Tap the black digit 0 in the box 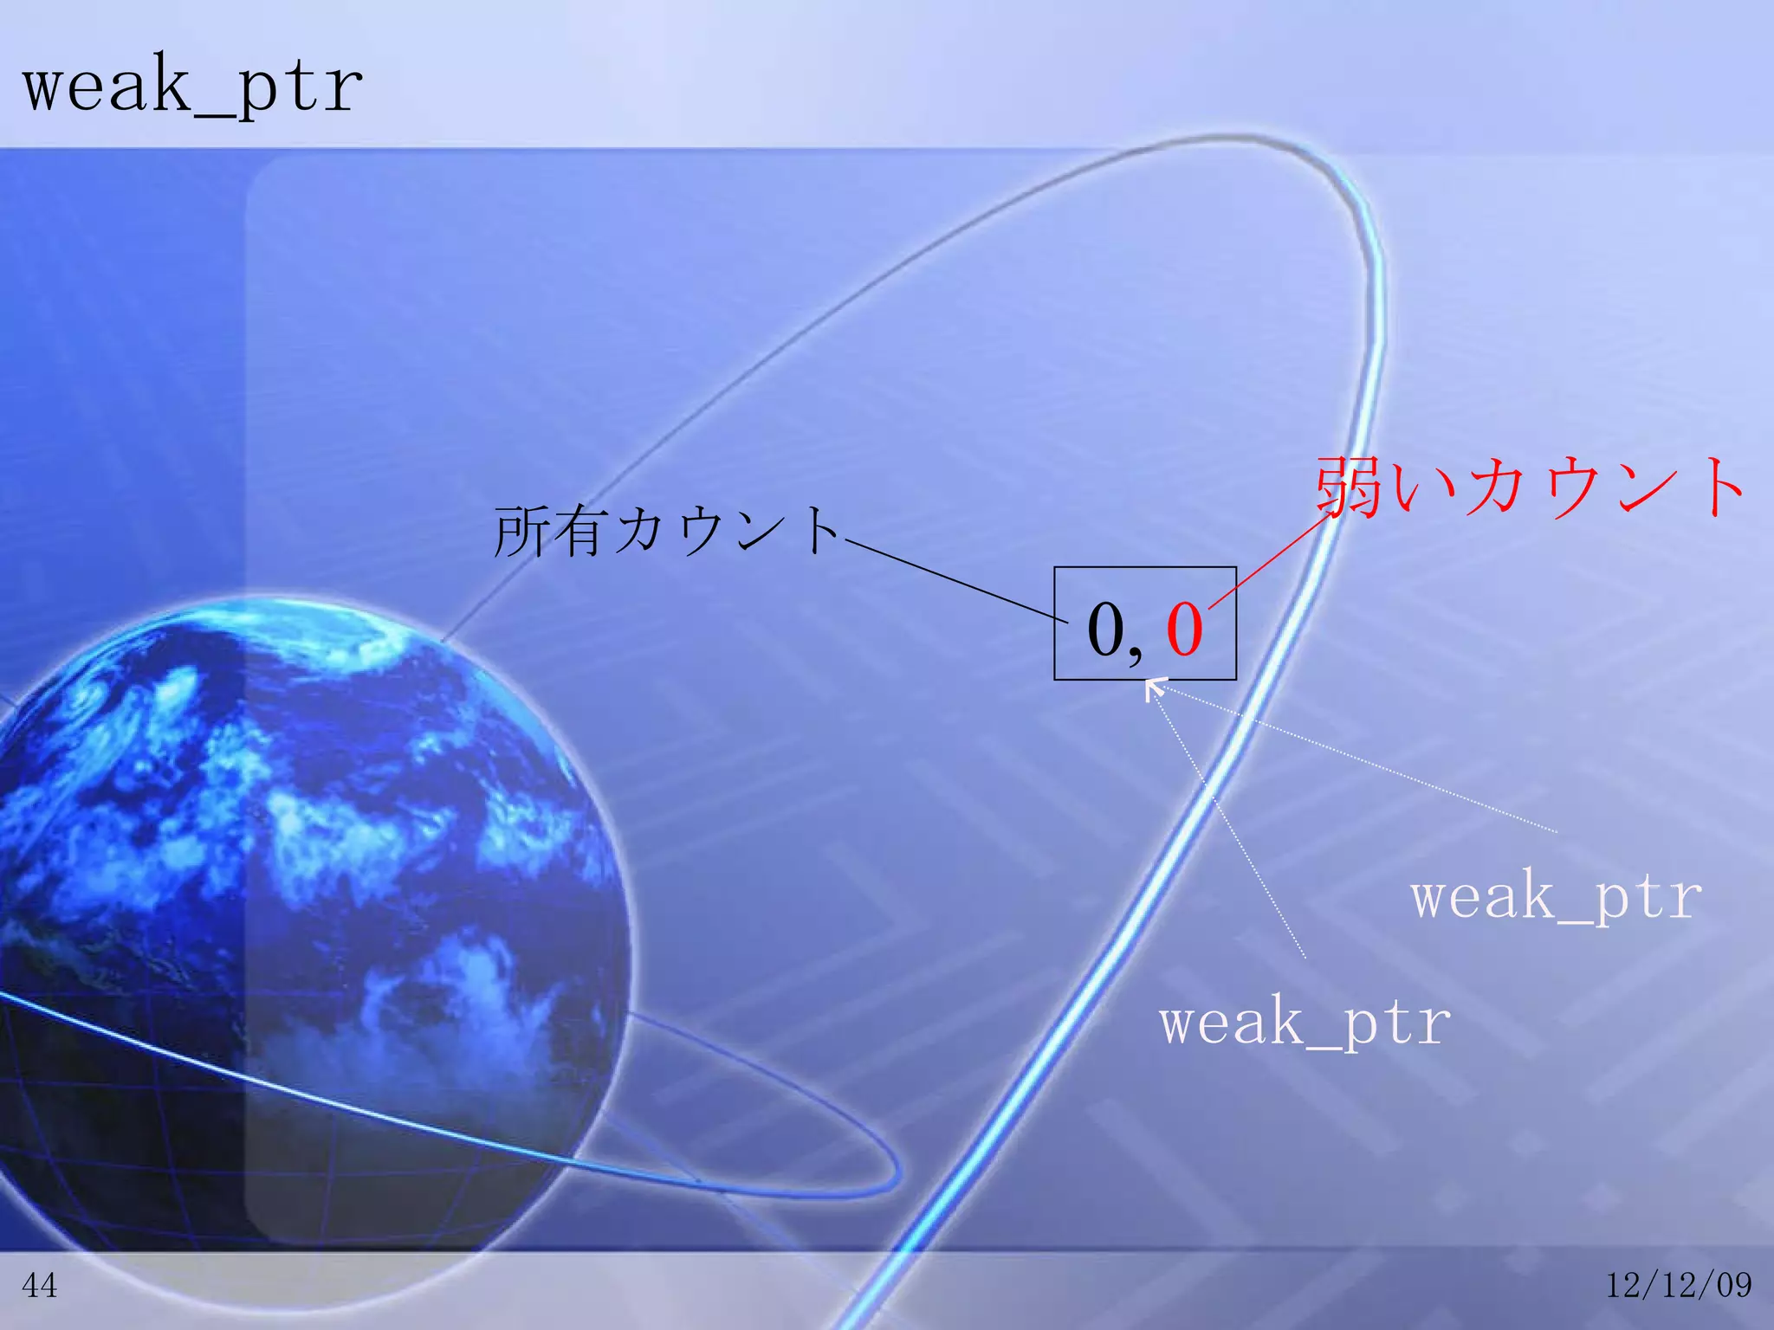point(1106,629)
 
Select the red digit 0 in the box point(1184,629)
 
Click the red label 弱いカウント point(1530,487)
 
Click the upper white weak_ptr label point(1556,896)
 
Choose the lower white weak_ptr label point(1305,1022)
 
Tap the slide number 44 point(40,1286)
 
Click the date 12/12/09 point(1679,1285)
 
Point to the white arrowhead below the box point(1153,688)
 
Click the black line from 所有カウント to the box point(953,580)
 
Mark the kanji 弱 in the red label point(1348,487)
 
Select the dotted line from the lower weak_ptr point(1230,823)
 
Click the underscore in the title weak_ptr point(212,111)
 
